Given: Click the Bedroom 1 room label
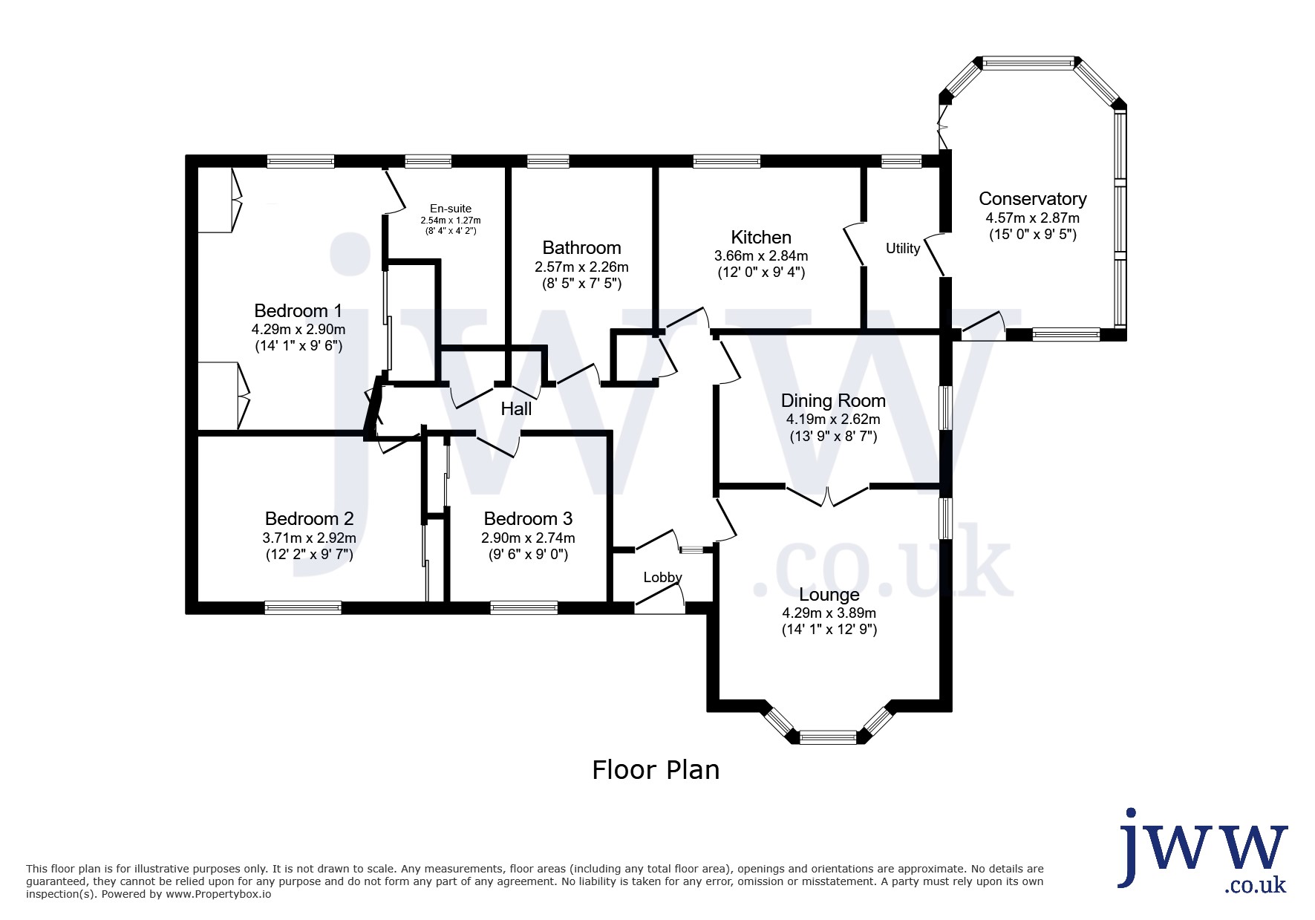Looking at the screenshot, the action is [298, 310].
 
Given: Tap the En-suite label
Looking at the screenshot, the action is [451, 209].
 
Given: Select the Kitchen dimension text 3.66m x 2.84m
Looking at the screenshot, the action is [761, 255].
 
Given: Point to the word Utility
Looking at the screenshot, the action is [903, 248].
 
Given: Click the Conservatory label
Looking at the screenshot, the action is [1032, 199].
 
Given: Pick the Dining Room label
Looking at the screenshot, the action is [833, 401].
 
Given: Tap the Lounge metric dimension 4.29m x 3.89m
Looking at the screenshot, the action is [829, 613].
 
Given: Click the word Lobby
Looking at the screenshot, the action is [662, 577].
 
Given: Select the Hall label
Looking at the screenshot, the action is [516, 408].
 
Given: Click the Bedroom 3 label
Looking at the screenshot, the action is [528, 518].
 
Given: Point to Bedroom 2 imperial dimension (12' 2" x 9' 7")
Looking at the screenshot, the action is [309, 554].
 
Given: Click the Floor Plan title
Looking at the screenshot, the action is [656, 770].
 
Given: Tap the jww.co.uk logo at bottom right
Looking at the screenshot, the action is [1203, 851].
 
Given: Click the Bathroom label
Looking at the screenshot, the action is [581, 247].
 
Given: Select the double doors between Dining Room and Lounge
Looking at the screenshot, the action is [827, 495].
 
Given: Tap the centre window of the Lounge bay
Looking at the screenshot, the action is [828, 737].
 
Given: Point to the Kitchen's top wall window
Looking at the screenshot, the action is [726, 160].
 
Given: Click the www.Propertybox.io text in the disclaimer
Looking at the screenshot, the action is [218, 894].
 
